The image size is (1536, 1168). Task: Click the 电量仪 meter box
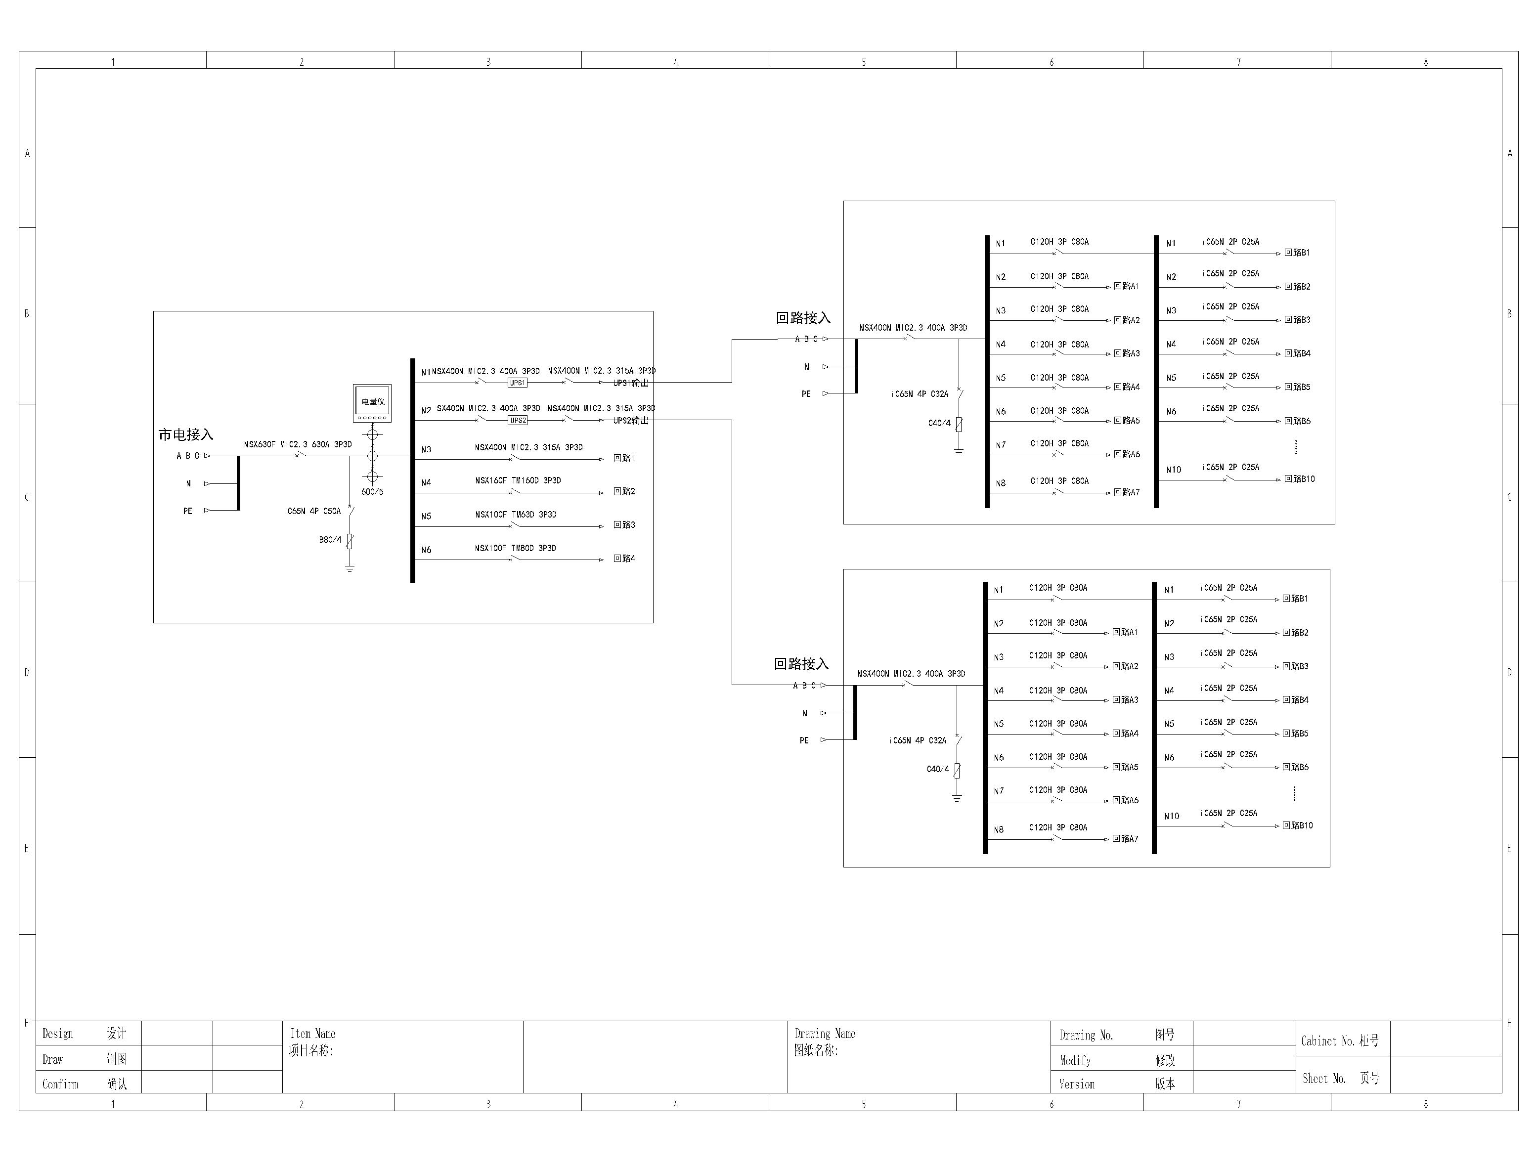pyautogui.click(x=372, y=402)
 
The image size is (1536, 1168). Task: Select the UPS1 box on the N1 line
pyautogui.click(x=517, y=383)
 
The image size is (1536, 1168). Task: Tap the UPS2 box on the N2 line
pyautogui.click(x=517, y=421)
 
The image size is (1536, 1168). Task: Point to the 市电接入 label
pyautogui.click(x=186, y=435)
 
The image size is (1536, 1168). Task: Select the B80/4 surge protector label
pyautogui.click(x=330, y=539)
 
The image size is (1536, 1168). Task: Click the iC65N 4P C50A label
pyautogui.click(x=312, y=511)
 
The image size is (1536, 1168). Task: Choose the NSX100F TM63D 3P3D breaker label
pyautogui.click(x=515, y=515)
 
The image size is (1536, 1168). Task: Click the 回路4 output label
pyautogui.click(x=624, y=558)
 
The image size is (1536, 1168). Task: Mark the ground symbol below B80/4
pyautogui.click(x=350, y=568)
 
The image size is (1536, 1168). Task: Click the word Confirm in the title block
pyautogui.click(x=60, y=1084)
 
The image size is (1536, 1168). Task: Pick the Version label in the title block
pyautogui.click(x=1076, y=1084)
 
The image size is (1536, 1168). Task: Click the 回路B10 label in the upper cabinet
pyautogui.click(x=1299, y=479)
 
